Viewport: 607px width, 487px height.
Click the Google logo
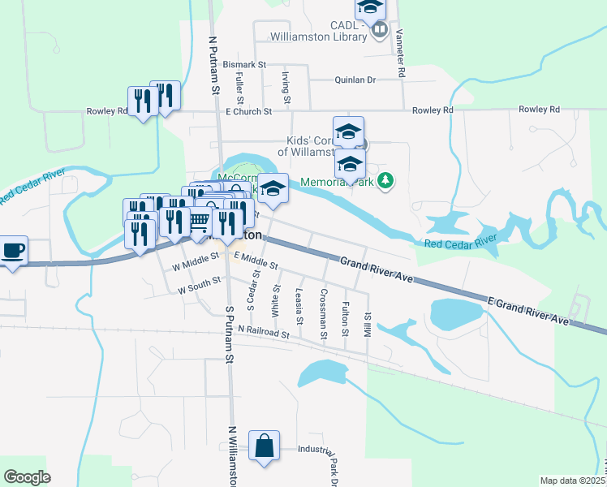click(27, 477)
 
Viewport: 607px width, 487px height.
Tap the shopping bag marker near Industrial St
click(264, 446)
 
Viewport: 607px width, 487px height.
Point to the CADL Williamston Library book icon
click(379, 30)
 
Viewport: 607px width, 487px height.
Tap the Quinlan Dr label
click(355, 80)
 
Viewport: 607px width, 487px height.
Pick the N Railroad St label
click(264, 333)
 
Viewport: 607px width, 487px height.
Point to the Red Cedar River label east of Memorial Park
click(460, 241)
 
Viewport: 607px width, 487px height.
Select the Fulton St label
click(346, 319)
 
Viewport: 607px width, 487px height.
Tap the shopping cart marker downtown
click(200, 219)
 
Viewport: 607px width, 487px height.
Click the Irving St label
click(285, 87)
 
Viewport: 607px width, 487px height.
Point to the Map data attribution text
click(573, 481)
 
